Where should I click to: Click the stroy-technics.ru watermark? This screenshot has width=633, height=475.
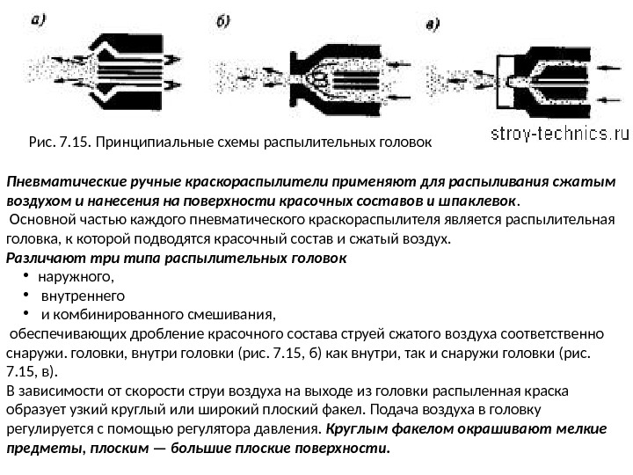point(560,134)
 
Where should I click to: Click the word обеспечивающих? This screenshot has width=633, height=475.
point(69,334)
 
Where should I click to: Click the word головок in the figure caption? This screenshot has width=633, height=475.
point(405,140)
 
